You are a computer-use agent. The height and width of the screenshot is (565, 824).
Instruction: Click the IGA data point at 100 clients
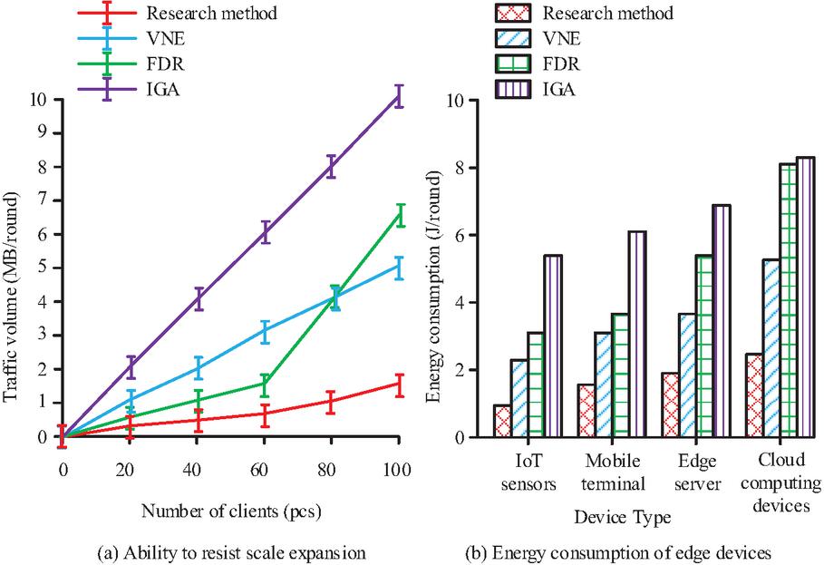coord(399,97)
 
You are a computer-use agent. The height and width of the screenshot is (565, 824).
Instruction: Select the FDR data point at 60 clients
coord(265,384)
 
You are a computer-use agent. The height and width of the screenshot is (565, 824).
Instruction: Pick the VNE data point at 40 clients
coord(198,368)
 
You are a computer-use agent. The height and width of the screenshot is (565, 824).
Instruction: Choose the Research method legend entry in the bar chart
coord(606,14)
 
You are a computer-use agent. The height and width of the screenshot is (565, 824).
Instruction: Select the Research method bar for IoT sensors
coord(501,421)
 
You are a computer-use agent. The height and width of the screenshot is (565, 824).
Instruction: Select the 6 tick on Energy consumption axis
coord(468,235)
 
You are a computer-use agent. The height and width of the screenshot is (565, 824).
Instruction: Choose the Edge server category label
coord(699,472)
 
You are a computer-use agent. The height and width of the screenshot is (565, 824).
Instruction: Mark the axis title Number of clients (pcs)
coord(230,511)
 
